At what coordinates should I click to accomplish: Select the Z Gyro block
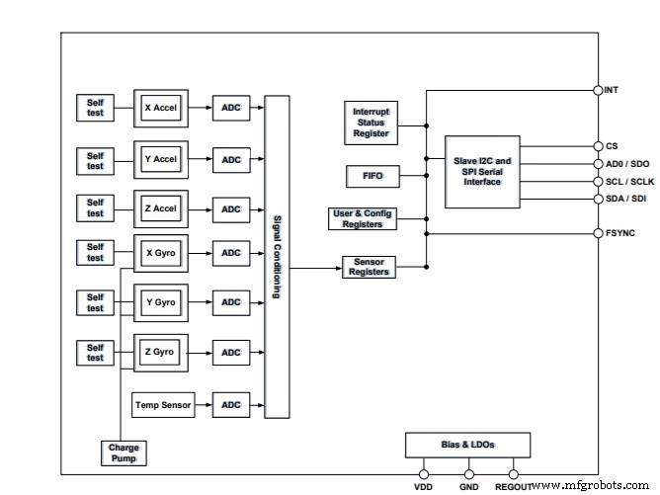tap(161, 352)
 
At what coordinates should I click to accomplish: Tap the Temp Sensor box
tap(162, 403)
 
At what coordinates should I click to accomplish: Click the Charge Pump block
tap(124, 453)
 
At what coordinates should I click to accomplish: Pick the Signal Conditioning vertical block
tap(278, 257)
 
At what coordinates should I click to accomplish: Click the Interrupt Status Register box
tap(371, 122)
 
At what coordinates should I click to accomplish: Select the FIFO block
tap(371, 177)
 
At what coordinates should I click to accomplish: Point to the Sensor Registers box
tap(368, 267)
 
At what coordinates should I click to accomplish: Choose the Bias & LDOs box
tap(467, 445)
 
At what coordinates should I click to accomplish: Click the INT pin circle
tap(598, 90)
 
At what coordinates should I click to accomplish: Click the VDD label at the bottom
tap(423, 487)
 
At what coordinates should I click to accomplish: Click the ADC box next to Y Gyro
tap(231, 302)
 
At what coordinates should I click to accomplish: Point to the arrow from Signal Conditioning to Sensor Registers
tap(316, 267)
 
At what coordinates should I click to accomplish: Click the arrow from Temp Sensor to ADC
tap(203, 403)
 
